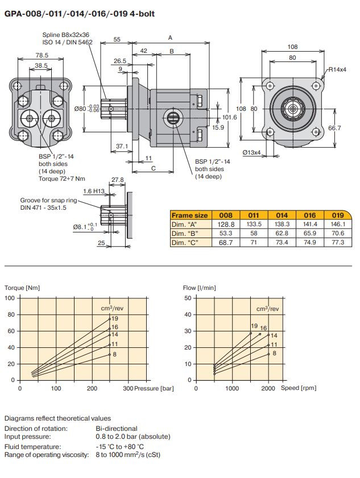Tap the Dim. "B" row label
tap(185, 234)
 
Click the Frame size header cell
tap(190, 215)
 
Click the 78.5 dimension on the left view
tap(42, 55)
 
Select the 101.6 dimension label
tap(229, 117)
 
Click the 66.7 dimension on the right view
tap(335, 128)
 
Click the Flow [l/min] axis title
tap(199, 288)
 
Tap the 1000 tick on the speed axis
tap(231, 389)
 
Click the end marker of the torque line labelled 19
tap(110, 319)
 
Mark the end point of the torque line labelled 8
tap(110, 354)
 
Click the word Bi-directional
tap(117, 428)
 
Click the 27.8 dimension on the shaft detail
tap(118, 180)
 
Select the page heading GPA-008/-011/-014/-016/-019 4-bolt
tap(79, 13)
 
